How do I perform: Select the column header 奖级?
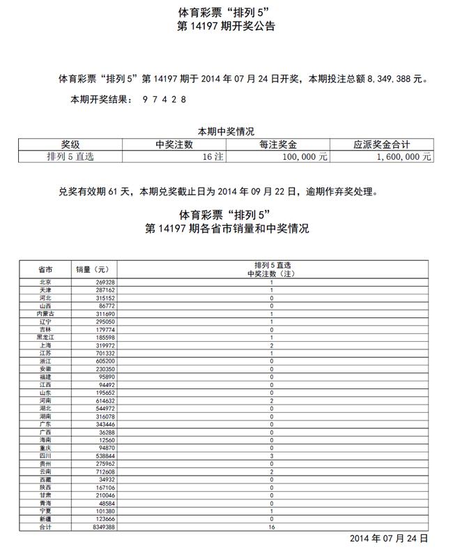tap(70, 144)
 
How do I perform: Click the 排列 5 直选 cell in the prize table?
tap(70, 158)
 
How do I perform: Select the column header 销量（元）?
tap(91, 269)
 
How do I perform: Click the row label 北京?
tap(45, 282)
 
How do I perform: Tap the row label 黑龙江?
tap(45, 338)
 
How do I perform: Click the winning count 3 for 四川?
tap(271, 455)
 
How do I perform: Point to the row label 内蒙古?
tap(45, 314)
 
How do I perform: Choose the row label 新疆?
tap(45, 519)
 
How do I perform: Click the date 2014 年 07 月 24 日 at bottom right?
tap(388, 539)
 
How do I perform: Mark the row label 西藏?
tap(45, 479)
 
